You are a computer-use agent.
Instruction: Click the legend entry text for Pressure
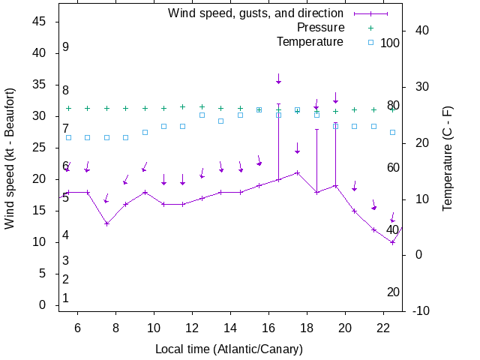coord(316,28)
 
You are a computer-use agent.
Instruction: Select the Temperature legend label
coord(310,42)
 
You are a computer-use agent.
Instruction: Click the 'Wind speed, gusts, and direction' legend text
coord(256,13)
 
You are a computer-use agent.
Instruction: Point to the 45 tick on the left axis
coord(41,22)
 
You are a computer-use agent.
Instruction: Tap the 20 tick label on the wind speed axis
coord(41,179)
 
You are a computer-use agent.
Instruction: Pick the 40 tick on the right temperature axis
coord(421,31)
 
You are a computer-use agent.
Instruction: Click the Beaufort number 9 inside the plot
coord(66,47)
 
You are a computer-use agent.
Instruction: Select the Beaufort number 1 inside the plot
coord(66,298)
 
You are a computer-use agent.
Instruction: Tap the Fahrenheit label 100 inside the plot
coord(390,43)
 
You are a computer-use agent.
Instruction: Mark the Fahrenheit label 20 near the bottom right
coord(393,292)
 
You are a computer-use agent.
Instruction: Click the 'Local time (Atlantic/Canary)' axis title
coord(229,349)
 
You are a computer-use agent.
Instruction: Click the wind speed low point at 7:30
coord(106,223)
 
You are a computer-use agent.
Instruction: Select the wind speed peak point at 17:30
coord(298,172)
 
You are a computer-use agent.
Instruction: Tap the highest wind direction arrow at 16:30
coord(278,79)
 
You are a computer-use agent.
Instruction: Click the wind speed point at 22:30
coord(392,242)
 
